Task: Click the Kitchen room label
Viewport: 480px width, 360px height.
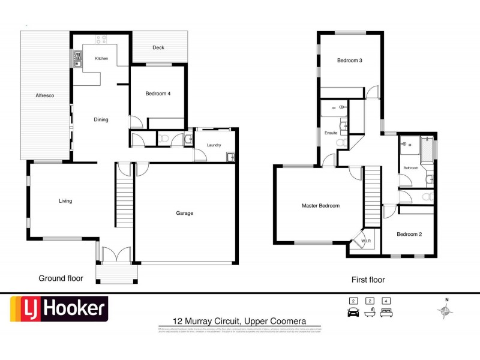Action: [101, 59]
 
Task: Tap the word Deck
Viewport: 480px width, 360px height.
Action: [158, 48]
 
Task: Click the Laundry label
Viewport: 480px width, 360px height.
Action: [214, 145]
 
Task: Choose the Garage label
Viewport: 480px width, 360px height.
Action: [184, 213]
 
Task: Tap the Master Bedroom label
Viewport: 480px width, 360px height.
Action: [320, 206]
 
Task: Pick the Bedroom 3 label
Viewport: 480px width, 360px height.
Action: [349, 60]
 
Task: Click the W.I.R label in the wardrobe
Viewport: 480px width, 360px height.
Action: [365, 241]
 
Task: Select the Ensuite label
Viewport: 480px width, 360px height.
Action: [331, 133]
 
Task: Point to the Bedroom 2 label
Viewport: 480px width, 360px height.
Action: [409, 234]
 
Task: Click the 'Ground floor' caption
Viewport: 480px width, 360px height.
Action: [61, 278]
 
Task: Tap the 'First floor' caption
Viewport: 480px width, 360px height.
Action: [368, 280]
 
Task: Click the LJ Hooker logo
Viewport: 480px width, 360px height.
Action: [58, 310]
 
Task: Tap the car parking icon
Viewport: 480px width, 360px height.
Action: [353, 312]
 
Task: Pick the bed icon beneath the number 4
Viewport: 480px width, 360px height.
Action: [387, 313]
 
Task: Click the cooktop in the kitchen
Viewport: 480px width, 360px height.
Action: [101, 41]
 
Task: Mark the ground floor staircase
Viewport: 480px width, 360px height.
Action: [124, 198]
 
